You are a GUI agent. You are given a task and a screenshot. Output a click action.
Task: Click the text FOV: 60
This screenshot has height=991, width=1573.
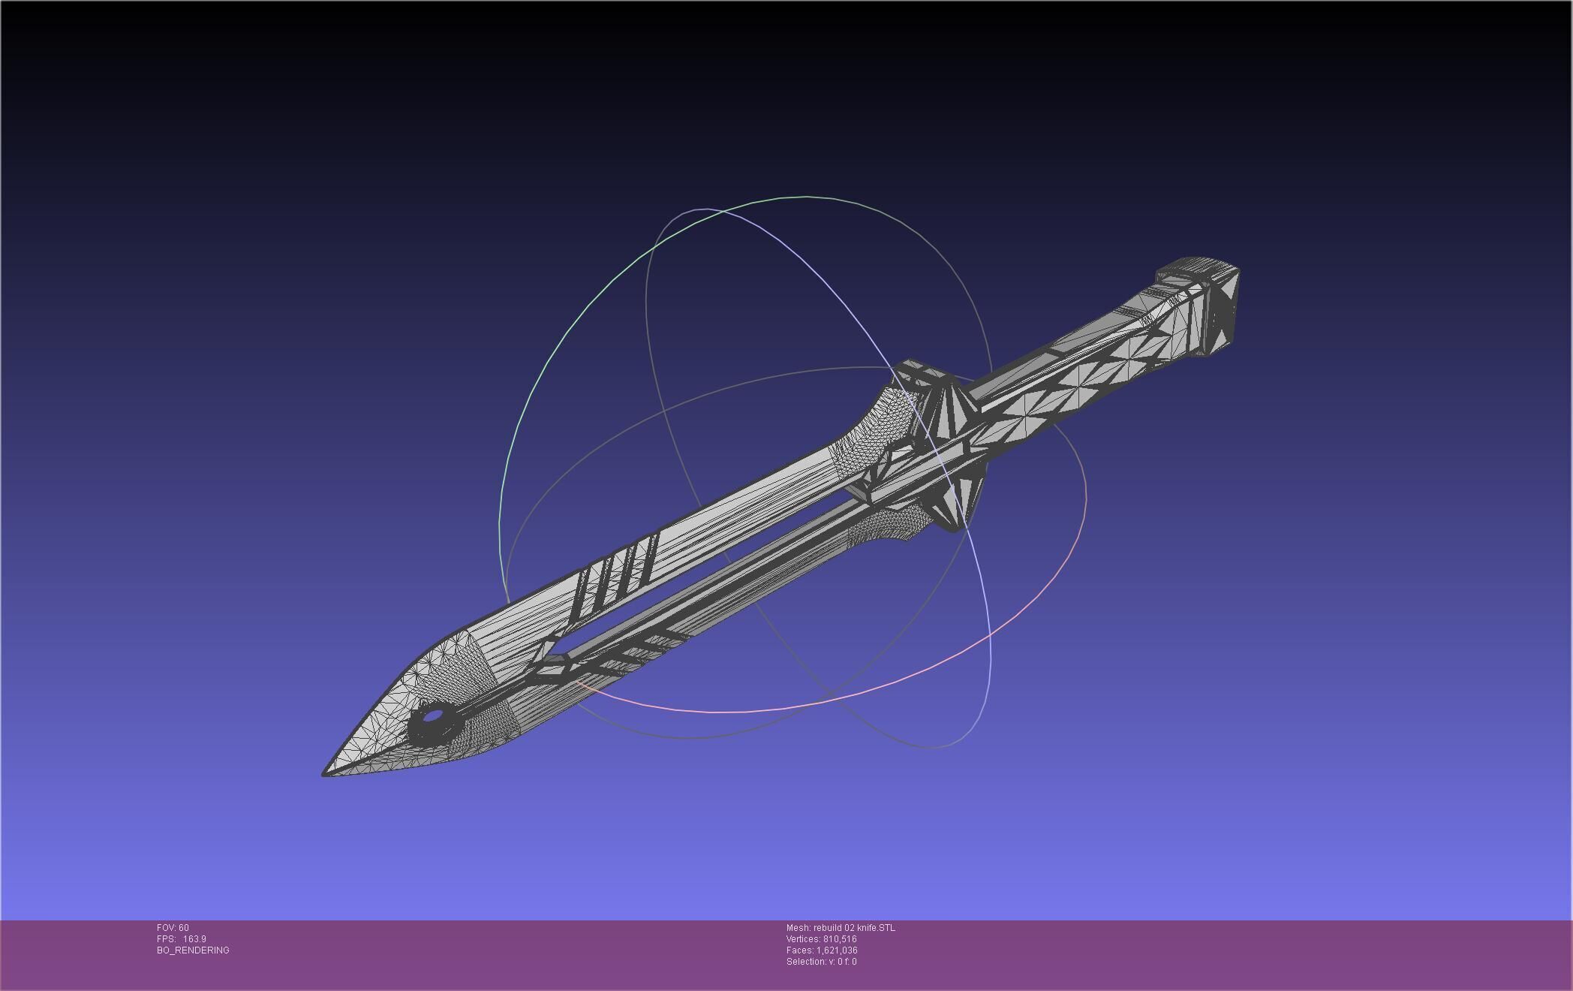point(173,928)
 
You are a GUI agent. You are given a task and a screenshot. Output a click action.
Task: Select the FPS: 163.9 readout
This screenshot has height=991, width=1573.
point(181,939)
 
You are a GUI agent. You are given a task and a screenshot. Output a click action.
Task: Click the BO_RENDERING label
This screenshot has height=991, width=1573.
point(193,950)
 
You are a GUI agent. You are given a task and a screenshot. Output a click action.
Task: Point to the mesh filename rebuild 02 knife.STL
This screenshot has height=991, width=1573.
point(841,928)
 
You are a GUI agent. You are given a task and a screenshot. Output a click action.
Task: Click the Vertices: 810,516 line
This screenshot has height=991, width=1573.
point(821,939)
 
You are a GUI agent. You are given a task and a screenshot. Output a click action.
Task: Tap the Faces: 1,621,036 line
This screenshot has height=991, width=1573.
point(822,950)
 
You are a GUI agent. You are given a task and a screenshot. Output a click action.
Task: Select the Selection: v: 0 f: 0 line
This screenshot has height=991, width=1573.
point(821,962)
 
